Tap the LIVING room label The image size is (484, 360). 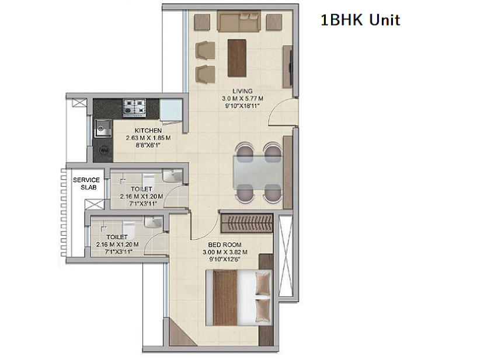click(242, 91)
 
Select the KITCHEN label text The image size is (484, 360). click(148, 130)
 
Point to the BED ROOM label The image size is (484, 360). click(225, 244)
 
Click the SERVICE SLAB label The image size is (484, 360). click(86, 184)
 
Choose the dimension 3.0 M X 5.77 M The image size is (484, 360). click(242, 99)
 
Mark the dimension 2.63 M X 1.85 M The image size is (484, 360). click(148, 138)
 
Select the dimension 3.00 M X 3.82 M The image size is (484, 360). click(225, 252)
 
